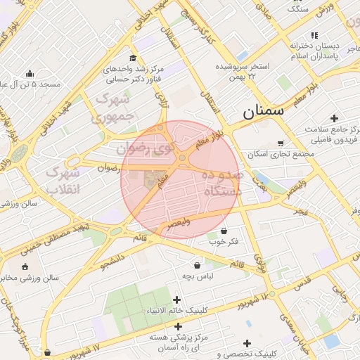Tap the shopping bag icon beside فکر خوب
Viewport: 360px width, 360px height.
pyautogui.click(x=224, y=231)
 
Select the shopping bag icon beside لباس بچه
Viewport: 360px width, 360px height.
pyautogui.click(x=198, y=266)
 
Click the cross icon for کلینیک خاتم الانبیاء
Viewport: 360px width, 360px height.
pyautogui.click(x=177, y=300)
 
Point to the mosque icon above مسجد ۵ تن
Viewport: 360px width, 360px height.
pyautogui.click(x=30, y=73)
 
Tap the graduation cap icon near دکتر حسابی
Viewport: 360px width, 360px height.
pyautogui.click(x=132, y=58)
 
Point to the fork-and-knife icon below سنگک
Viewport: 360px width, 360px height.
pyautogui.click(x=314, y=35)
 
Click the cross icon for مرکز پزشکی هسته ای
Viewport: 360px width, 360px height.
pyautogui.click(x=178, y=326)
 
